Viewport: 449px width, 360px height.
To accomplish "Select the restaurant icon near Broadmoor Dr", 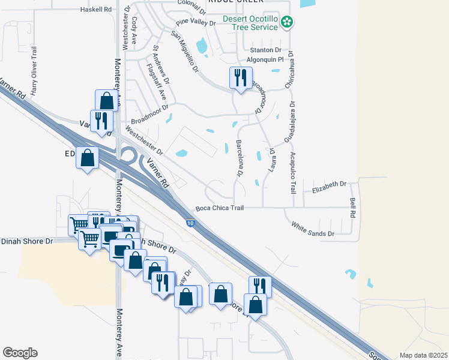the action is pos(241,79).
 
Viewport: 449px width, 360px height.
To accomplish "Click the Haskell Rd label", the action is pos(96,10).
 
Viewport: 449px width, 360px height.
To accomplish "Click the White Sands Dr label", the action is pos(312,229).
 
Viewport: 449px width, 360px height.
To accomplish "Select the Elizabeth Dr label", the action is pos(330,187).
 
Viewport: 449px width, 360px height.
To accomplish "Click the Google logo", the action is pos(20,353).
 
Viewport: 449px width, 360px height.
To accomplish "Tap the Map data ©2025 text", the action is pos(423,355).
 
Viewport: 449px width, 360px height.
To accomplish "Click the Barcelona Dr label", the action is pos(239,159).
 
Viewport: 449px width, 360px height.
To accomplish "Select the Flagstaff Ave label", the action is pos(160,74).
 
